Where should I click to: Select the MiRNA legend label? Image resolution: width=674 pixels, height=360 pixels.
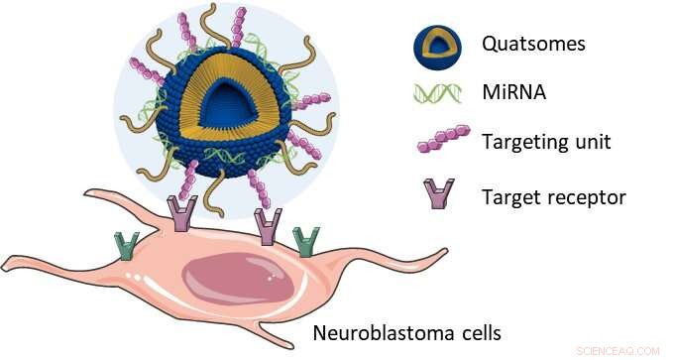(511, 92)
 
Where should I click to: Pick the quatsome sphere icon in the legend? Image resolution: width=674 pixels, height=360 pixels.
(432, 46)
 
